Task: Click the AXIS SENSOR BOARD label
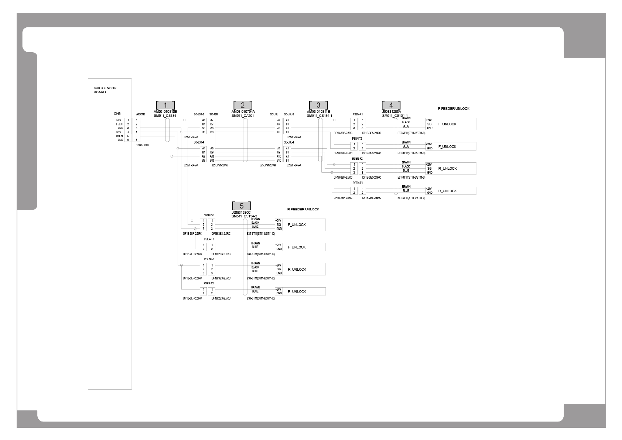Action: coord(100,90)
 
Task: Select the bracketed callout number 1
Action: coord(165,105)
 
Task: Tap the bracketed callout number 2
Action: coord(243,105)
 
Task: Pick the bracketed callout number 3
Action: coord(318,105)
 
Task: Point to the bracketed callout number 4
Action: coord(391,105)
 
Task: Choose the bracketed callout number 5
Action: coord(242,206)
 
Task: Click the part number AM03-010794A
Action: coord(243,111)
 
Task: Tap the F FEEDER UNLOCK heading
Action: coord(453,109)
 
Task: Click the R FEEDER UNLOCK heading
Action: coord(303,209)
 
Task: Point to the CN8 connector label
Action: coord(117,114)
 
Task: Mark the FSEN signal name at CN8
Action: coord(119,124)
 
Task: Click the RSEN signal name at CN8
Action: coord(119,136)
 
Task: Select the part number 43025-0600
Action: coord(143,145)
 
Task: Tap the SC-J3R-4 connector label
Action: coord(199,142)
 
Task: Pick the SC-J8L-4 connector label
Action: coord(289,142)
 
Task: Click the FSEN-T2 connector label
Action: coord(357,139)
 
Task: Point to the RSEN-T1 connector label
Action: coord(358,183)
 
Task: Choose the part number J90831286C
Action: coord(241,213)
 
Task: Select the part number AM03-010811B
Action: coord(318,111)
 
